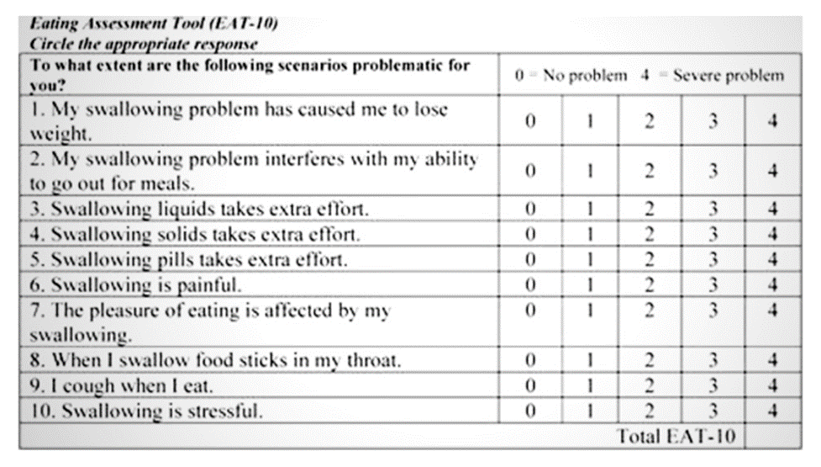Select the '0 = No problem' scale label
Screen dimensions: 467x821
[x=571, y=76]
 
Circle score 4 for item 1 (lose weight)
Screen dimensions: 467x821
[x=772, y=120]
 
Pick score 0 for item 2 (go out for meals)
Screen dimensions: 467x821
[x=530, y=171]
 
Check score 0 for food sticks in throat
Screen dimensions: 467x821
[x=530, y=361]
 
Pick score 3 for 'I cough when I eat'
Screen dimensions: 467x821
[x=713, y=386]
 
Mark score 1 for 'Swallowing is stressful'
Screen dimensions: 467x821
[x=590, y=411]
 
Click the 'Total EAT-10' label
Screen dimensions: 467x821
[x=676, y=437]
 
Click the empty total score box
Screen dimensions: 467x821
[x=772, y=437]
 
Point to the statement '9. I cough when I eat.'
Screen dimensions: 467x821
[x=121, y=386]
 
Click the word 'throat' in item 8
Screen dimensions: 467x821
[x=374, y=361]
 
